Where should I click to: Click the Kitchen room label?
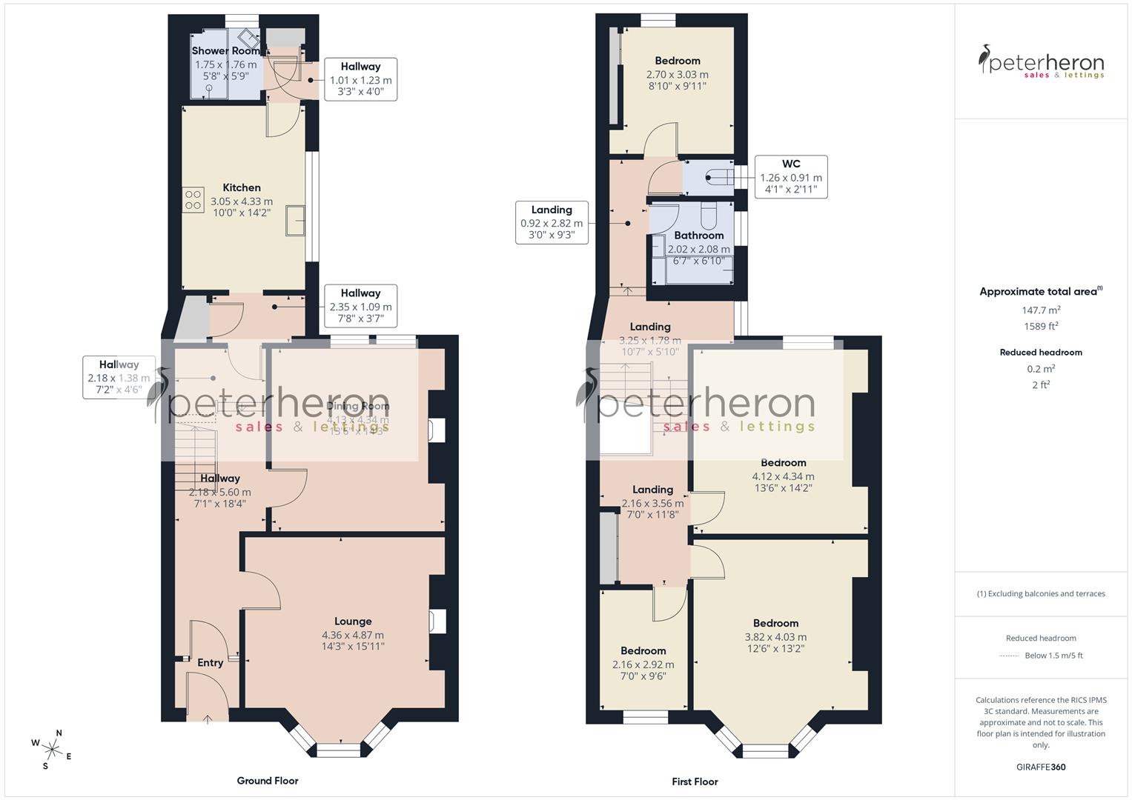tap(242, 187)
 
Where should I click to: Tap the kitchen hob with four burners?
tap(193, 200)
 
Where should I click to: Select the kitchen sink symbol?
tap(295, 220)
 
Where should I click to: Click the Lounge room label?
tap(353, 621)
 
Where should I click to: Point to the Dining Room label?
tap(358, 406)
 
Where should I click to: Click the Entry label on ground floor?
tap(210, 662)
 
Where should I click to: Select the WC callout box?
tap(790, 176)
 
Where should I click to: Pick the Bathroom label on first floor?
tap(698, 236)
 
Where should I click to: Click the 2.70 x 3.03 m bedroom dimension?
tap(677, 74)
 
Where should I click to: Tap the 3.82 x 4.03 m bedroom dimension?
tap(775, 636)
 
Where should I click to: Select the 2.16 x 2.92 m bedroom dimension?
tap(643, 664)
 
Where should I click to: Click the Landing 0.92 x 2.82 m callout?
tap(551, 222)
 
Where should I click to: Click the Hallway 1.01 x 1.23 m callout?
tap(360, 79)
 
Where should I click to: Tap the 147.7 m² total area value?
tap(1041, 310)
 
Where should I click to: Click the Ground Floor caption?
tap(267, 780)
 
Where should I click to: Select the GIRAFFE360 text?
tap(1041, 767)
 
